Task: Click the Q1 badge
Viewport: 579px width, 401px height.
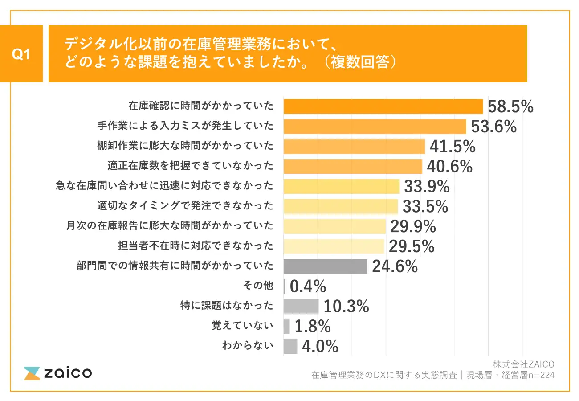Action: coord(21,54)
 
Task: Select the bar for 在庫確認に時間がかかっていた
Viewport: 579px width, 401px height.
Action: coord(383,106)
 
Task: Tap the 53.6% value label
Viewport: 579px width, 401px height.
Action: coord(493,127)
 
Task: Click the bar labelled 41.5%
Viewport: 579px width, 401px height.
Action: coord(354,146)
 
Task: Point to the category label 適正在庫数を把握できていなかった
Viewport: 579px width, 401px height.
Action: coord(190,166)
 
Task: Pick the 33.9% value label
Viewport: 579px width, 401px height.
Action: coord(426,186)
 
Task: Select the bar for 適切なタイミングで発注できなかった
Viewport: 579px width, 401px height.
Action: coord(340,206)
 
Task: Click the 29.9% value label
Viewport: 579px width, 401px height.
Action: coord(413,226)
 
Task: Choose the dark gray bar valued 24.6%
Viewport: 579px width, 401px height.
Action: coord(325,266)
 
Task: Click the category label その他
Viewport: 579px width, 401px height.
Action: coord(261,286)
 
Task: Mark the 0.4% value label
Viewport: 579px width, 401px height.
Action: coord(308,286)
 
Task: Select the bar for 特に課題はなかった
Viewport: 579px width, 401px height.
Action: coord(301,306)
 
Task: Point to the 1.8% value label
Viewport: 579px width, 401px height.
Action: coord(312,327)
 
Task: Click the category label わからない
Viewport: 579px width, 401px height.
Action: coord(247,346)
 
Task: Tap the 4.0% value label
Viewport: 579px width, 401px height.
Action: coord(320,347)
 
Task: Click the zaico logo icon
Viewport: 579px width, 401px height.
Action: coord(32,373)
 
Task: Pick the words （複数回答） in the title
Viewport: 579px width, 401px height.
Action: coord(359,62)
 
